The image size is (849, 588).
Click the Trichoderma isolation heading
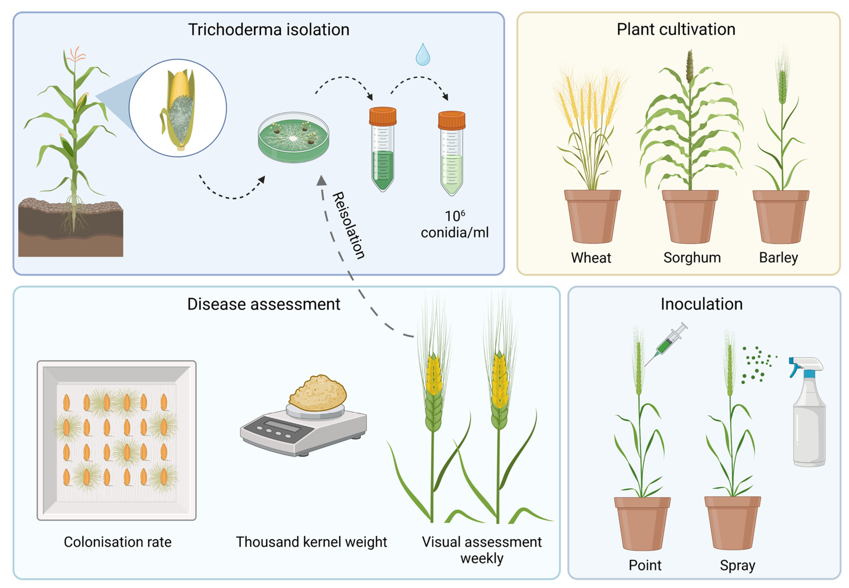pos(269,29)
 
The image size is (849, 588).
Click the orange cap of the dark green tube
pos(383,116)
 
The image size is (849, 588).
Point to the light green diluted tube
pos(451,162)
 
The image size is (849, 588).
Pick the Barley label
pos(778,258)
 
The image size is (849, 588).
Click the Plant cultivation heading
pos(676,29)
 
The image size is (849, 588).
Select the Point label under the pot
pos(645,565)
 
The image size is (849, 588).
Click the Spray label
pos(737,565)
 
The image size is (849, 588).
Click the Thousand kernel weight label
pos(311,542)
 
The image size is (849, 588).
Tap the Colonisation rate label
pos(117,542)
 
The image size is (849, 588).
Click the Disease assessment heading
pos(264,304)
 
